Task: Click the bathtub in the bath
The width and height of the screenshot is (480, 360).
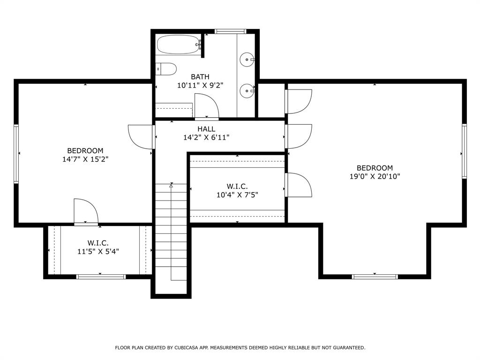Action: click(178, 45)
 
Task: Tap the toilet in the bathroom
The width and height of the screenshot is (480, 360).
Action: click(166, 69)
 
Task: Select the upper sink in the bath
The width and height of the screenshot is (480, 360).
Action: click(247, 60)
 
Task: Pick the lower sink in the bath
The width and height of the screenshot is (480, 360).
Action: click(247, 90)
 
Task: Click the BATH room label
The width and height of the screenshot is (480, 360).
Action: click(200, 77)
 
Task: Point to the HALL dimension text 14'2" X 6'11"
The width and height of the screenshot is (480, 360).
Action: click(206, 138)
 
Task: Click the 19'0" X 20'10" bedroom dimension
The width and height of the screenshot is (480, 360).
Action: click(375, 177)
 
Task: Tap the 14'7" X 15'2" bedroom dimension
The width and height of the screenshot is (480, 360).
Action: click(85, 159)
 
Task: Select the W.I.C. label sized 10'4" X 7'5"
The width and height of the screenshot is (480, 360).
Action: click(237, 195)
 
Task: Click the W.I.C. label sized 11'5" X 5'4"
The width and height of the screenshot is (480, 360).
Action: click(98, 251)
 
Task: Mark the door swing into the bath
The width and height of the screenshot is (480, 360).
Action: click(206, 105)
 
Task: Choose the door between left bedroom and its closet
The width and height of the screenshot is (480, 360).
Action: click(86, 211)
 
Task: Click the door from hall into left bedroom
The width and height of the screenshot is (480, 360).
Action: click(141, 136)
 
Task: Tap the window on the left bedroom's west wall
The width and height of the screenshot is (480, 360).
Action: click(16, 153)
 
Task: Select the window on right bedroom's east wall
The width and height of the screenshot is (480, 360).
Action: click(464, 151)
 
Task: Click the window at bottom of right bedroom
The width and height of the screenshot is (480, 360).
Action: click(375, 277)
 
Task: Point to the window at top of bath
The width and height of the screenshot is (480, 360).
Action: click(230, 31)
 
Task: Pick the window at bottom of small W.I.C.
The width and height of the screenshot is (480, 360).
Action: click(101, 277)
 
